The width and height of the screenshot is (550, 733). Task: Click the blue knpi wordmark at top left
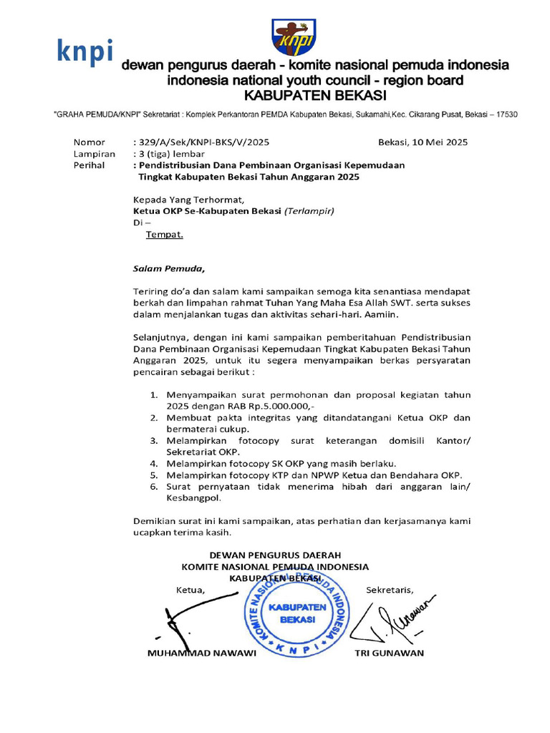84,52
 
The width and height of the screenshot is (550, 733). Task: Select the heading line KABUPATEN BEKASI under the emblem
315,95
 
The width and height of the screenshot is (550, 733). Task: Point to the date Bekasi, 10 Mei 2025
423,142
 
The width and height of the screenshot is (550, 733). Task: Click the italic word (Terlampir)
309,211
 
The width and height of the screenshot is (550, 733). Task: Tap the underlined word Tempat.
165,234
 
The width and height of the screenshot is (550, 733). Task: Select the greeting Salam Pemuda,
169,269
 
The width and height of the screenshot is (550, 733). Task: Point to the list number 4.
154,463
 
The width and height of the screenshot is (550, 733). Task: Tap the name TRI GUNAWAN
390,653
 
